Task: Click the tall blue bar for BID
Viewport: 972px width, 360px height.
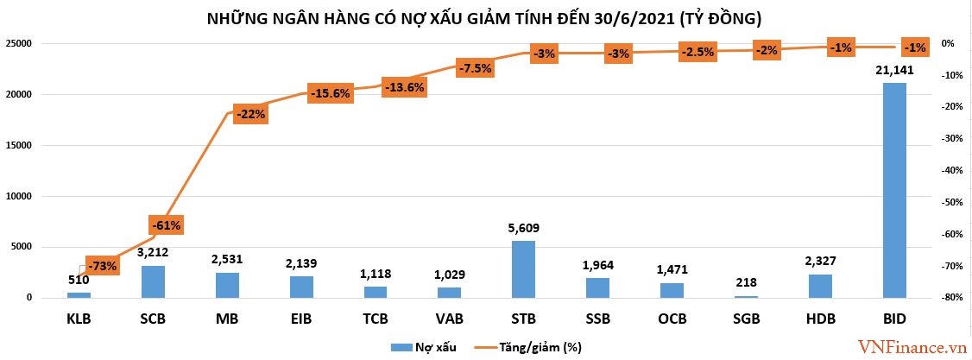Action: [x=894, y=190]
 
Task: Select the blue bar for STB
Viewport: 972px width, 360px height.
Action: [x=523, y=269]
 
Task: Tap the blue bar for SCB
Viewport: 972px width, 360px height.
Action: [x=153, y=281]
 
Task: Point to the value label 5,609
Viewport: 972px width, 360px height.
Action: [x=523, y=229]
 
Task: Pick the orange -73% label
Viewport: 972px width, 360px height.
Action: [x=102, y=266]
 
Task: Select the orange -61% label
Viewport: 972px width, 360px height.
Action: [x=166, y=225]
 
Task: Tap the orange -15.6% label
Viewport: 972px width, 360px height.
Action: [x=329, y=93]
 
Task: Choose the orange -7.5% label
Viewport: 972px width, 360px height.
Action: [x=475, y=67]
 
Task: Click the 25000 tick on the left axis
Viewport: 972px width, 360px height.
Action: [x=18, y=43]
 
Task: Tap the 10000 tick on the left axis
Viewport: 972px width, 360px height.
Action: [x=18, y=196]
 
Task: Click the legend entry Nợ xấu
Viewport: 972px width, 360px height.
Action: [x=424, y=347]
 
